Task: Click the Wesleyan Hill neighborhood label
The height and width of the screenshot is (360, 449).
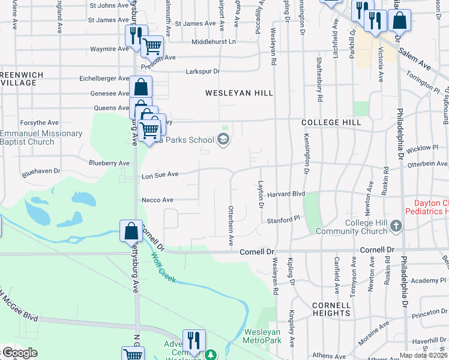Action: click(x=239, y=93)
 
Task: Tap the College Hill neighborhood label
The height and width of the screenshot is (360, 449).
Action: click(x=331, y=122)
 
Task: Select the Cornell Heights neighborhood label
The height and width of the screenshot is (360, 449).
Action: click(x=331, y=309)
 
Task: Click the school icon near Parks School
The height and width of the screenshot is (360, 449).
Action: click(x=223, y=140)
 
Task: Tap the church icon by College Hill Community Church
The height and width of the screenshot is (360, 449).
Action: click(x=396, y=226)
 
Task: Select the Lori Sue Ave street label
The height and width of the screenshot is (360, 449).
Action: click(x=160, y=175)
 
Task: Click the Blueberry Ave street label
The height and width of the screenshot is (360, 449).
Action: click(x=109, y=163)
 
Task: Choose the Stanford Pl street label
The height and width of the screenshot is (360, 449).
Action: click(x=283, y=220)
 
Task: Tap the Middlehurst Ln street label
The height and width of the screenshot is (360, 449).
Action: click(x=214, y=42)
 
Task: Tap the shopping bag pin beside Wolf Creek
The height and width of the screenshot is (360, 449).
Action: click(x=131, y=231)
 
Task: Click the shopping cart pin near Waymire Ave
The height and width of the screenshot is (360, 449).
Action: click(x=152, y=45)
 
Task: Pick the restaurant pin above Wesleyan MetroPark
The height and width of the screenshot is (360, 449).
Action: click(x=194, y=340)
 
